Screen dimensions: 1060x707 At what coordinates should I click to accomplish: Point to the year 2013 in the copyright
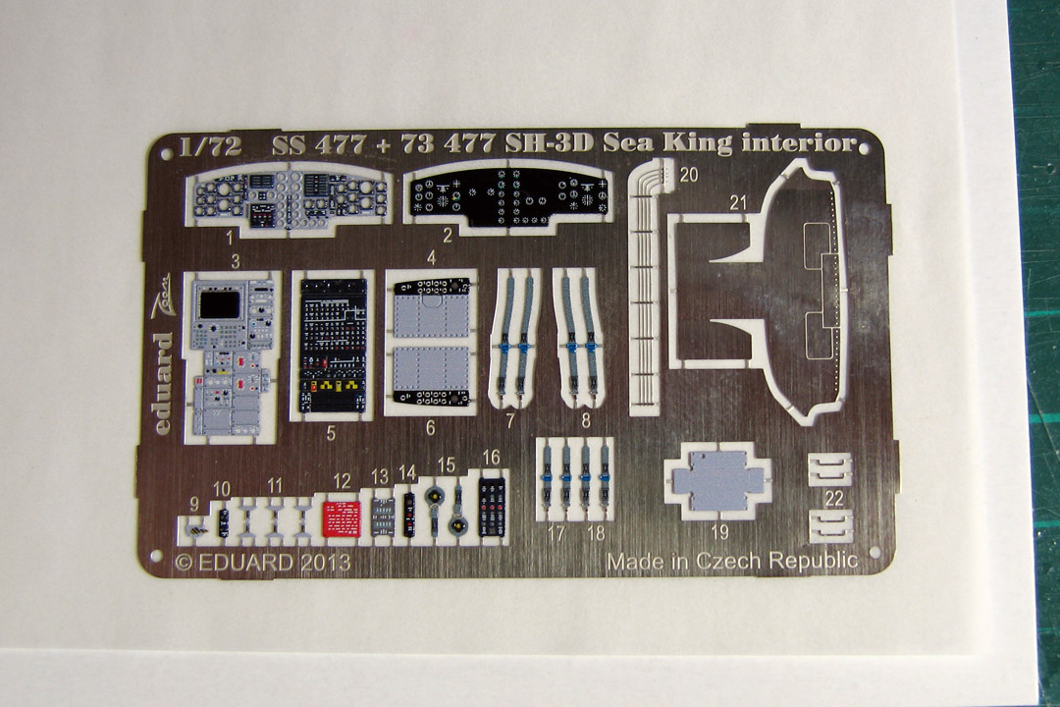319,563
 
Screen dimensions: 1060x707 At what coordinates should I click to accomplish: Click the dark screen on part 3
220,305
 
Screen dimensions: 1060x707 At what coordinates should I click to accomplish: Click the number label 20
688,177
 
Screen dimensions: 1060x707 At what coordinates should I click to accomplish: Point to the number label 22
834,499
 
